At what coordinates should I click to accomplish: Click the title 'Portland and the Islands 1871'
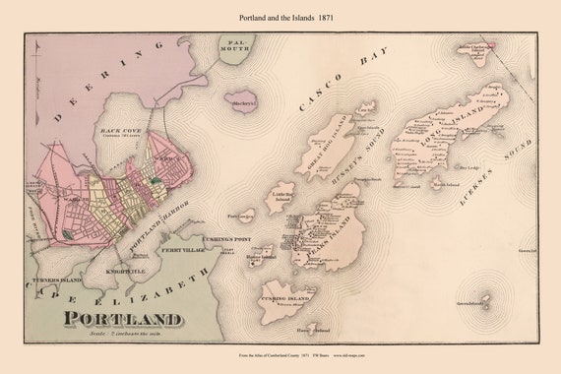[x=280, y=17]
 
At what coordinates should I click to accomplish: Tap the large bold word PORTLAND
[x=124, y=319]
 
